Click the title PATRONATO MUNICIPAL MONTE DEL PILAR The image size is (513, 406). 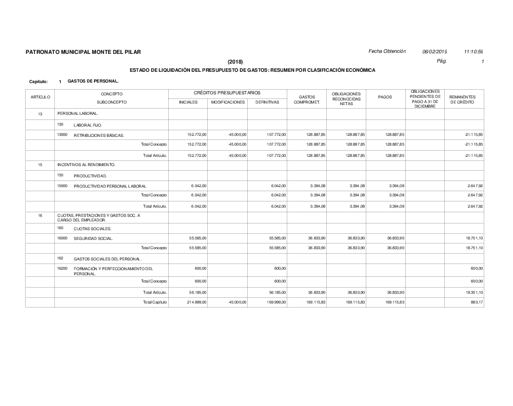pyautogui.click(x=83, y=52)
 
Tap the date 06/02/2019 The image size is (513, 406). pyautogui.click(x=435, y=52)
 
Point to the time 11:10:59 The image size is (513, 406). pyautogui.click(x=473, y=52)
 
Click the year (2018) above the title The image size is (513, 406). pyautogui.click(x=235, y=62)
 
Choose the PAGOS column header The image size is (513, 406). pyautogui.click(x=385, y=97)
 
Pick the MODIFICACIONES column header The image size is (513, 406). pyautogui.click(x=228, y=103)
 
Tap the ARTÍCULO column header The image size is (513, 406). pyautogui.click(x=40, y=97)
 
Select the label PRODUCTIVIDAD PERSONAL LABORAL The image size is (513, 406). pyautogui.click(x=110, y=186)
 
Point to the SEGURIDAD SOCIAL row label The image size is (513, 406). pyautogui.click(x=94, y=239)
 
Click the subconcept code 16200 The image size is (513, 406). pyautogui.click(x=62, y=268)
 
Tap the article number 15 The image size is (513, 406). pyautogui.click(x=40, y=165)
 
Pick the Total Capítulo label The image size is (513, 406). pyautogui.click(x=155, y=302)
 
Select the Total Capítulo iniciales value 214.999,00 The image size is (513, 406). pyautogui.click(x=196, y=302)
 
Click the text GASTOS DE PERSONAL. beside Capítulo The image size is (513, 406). pyautogui.click(x=93, y=80)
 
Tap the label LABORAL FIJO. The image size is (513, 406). pyautogui.click(x=88, y=125)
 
